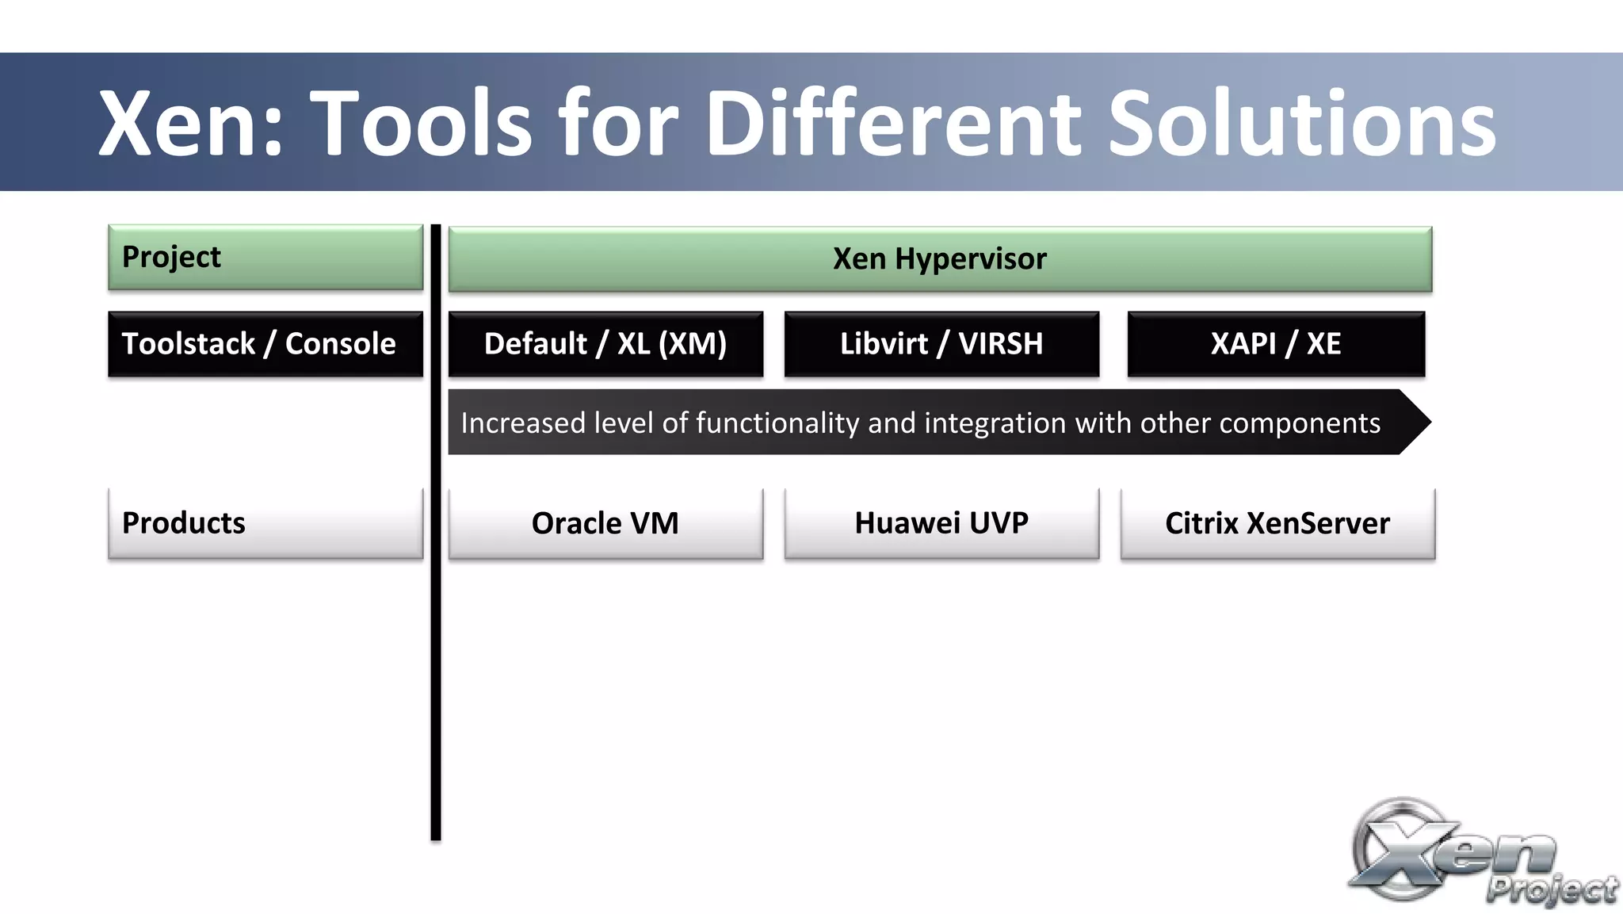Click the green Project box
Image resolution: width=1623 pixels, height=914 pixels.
[265, 258]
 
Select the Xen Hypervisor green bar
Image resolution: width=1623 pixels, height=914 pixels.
[940, 259]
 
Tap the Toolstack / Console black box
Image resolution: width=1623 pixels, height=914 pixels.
[265, 344]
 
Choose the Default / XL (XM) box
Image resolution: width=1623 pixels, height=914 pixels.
[605, 344]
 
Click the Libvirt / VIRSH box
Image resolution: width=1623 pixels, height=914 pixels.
[941, 344]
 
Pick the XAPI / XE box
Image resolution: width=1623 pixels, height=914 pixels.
[1276, 344]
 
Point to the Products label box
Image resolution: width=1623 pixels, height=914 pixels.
[265, 523]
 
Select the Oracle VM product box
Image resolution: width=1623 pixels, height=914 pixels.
[605, 523]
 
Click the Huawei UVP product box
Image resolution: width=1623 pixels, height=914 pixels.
[941, 523]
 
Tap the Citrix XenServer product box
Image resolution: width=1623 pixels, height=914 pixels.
[1277, 523]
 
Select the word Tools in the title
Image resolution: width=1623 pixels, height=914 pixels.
[425, 123]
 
